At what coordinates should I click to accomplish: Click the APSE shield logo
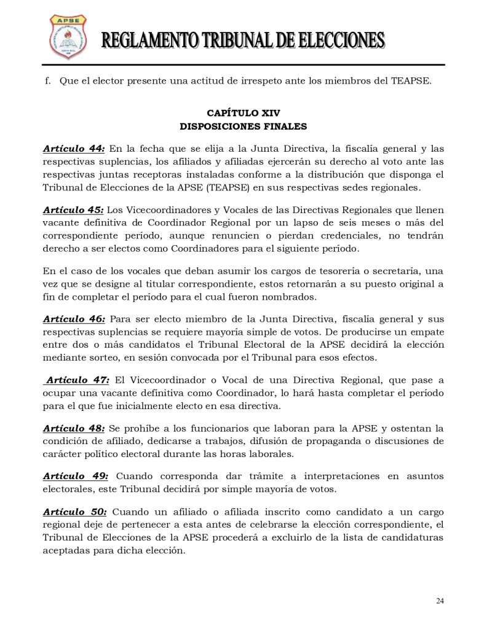(67, 37)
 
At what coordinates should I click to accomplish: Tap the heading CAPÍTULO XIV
(244, 113)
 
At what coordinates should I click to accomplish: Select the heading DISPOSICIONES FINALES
(244, 127)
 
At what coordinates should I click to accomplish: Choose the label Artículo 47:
(77, 380)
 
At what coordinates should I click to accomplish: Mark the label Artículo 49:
(76, 476)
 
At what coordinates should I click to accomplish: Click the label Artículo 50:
(74, 512)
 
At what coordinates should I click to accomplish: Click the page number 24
(440, 601)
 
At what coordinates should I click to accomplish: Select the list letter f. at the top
(48, 81)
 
